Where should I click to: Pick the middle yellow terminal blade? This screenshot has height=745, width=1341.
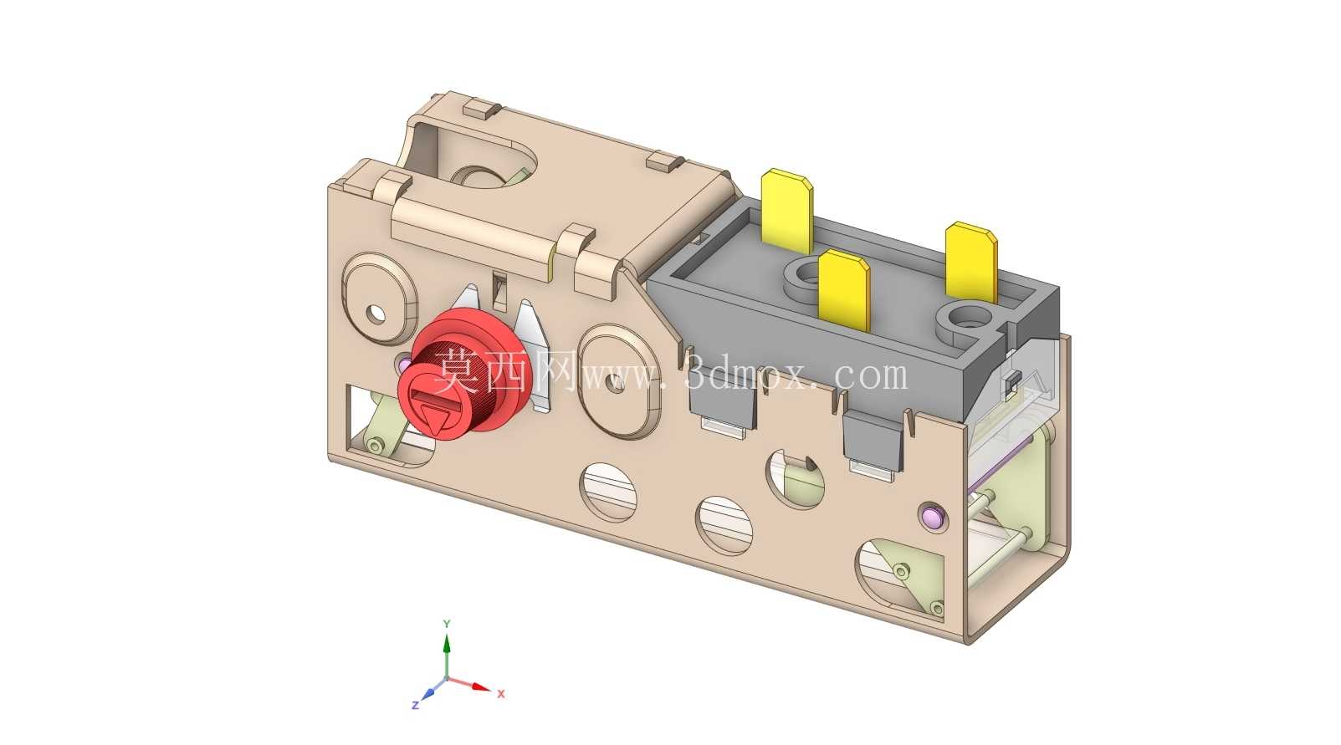(x=844, y=290)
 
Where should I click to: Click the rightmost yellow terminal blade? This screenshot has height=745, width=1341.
(x=971, y=263)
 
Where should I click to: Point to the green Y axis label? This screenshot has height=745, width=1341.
(x=447, y=624)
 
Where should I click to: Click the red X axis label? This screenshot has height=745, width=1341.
(x=501, y=693)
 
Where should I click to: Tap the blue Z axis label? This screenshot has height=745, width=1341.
(x=416, y=706)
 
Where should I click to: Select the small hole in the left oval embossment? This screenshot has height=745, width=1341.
(x=376, y=314)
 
